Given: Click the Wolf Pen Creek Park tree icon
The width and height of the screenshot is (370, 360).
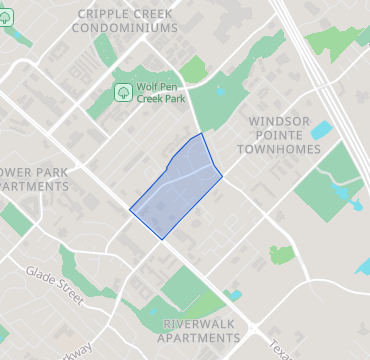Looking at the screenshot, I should [x=123, y=92].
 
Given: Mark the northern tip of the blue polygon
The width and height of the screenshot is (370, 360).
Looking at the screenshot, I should [x=202, y=133].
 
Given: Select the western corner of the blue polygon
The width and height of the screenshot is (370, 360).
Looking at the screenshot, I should [x=130, y=210].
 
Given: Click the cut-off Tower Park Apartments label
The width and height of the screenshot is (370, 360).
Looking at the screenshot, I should [x=34, y=179].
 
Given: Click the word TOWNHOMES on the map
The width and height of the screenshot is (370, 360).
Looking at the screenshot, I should [x=279, y=148].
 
